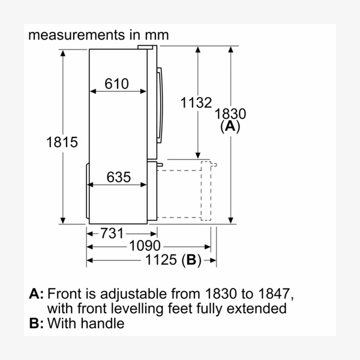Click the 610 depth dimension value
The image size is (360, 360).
pos(116,83)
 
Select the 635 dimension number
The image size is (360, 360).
pos(119,177)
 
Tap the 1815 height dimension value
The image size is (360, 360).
pos(62,142)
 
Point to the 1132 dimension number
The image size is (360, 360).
pos(196,103)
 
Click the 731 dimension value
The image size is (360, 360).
pos(112,233)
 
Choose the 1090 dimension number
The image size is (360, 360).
pos(145,245)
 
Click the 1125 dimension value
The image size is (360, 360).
pos(161,260)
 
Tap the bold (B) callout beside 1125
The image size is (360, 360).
pos(191,260)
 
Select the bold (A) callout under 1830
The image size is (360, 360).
pos(230,126)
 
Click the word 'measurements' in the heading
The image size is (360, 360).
pos(77,35)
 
